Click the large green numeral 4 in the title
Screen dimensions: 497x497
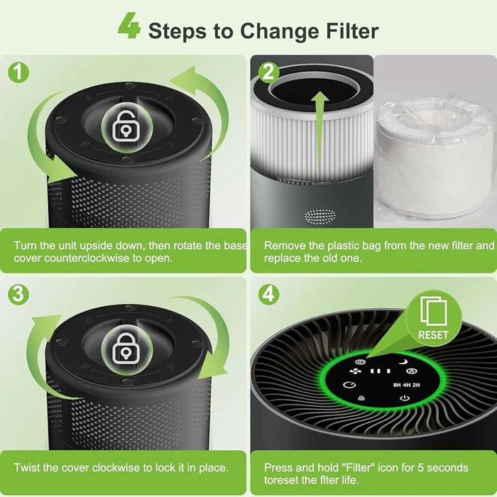coord(129,26)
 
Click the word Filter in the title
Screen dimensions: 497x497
coord(353,31)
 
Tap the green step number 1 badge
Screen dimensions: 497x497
coord(18,72)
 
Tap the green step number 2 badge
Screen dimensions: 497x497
coord(268,72)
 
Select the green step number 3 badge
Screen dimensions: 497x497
coord(18,294)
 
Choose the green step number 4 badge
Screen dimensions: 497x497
coord(268,294)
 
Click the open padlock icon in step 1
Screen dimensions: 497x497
coord(126,126)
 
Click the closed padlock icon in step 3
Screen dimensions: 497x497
coord(126,349)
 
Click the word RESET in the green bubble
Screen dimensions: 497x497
coord(433,335)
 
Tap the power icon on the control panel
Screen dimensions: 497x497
coord(405,398)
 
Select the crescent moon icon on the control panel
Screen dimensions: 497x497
coord(403,361)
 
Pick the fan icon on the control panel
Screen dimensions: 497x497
coord(355,371)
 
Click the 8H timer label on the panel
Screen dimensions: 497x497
coord(397,385)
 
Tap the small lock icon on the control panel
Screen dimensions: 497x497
coord(361,398)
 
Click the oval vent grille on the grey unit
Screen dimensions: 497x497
coord(319,216)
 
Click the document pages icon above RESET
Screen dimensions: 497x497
coord(433,312)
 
